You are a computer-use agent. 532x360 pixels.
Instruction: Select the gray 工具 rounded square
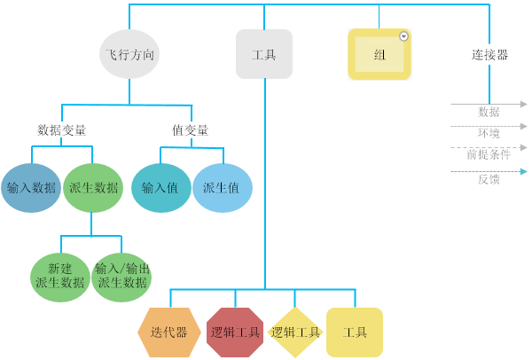(x=263, y=54)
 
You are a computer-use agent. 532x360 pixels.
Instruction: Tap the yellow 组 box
(x=379, y=54)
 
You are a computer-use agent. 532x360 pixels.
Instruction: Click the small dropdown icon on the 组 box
(x=404, y=36)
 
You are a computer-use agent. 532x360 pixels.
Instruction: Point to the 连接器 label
(x=489, y=55)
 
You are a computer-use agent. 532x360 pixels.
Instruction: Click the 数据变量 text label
(x=62, y=130)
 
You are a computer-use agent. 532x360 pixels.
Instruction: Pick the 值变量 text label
(x=190, y=130)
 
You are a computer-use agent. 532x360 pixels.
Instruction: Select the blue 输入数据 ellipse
(x=31, y=188)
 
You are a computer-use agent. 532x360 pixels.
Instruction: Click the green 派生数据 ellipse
(x=93, y=188)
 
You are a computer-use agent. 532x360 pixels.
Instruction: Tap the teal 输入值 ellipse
(x=160, y=188)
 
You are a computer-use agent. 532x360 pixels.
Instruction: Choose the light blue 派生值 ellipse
(x=222, y=188)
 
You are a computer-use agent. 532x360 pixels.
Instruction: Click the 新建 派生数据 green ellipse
(x=59, y=277)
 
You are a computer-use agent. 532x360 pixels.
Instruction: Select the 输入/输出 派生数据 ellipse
(x=121, y=277)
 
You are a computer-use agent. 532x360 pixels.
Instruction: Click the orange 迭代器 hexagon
(x=168, y=333)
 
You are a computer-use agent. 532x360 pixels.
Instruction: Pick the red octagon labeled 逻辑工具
(x=235, y=333)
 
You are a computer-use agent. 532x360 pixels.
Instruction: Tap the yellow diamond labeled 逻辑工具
(x=295, y=333)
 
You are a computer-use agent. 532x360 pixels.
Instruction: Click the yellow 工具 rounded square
(x=355, y=333)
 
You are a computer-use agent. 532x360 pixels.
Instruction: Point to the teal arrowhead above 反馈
(x=524, y=171)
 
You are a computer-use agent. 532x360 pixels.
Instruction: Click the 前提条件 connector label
(x=489, y=154)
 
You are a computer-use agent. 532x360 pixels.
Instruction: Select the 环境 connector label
(x=489, y=133)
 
